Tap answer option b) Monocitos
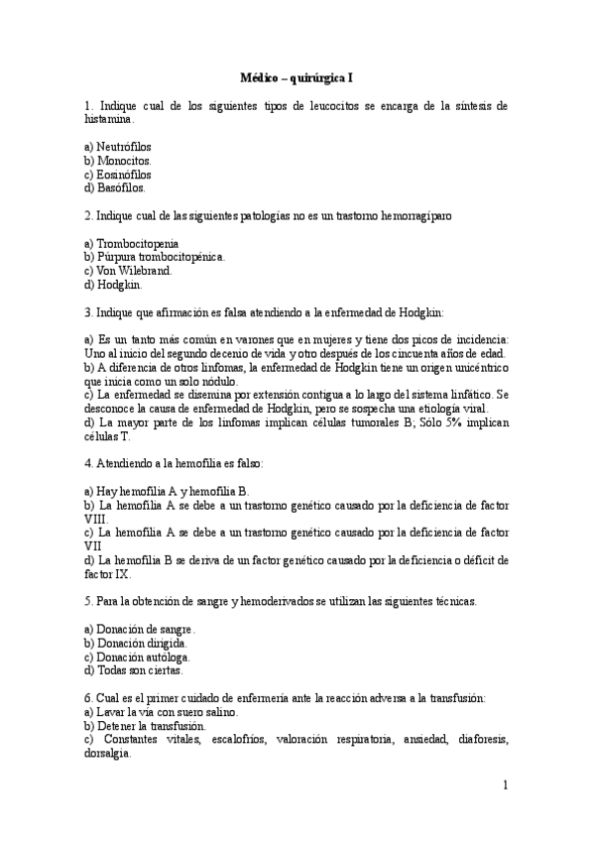coord(118,160)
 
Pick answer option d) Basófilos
coord(115,186)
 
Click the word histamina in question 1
coord(108,118)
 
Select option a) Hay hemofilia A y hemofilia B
coord(167,491)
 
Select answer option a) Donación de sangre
coord(140,629)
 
